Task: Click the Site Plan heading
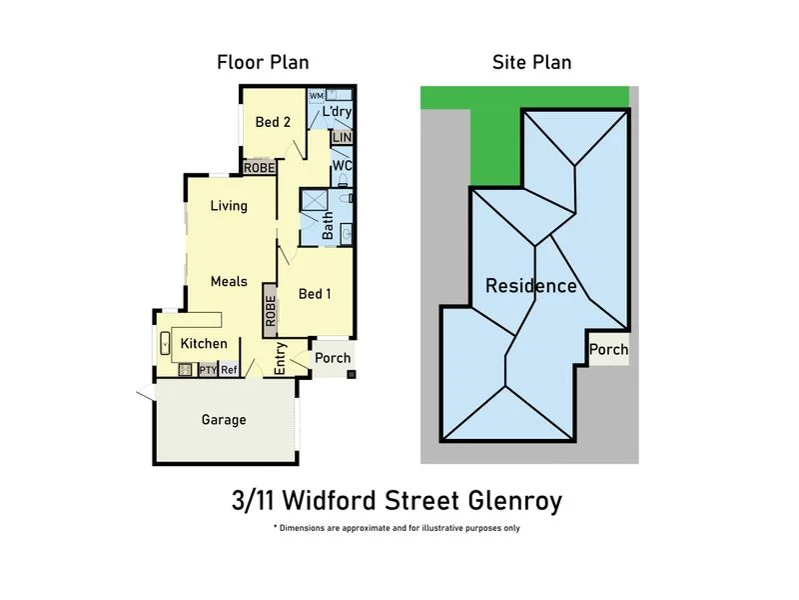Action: coord(531,62)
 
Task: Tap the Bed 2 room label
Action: coord(273,123)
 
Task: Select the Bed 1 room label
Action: coord(316,294)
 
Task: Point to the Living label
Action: coord(229,206)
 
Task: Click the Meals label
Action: coord(229,282)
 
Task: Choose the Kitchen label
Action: coord(204,344)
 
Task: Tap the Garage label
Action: coord(224,420)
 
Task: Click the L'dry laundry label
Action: coord(337,113)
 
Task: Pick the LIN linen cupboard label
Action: coord(343,138)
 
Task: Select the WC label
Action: coord(343,166)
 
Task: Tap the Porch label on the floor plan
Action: coord(333,359)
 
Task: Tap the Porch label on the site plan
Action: coord(608,350)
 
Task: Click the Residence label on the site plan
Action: coord(530,286)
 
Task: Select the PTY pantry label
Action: coord(208,370)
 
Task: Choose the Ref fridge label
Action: coord(229,370)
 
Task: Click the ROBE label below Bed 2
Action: coord(259,168)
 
